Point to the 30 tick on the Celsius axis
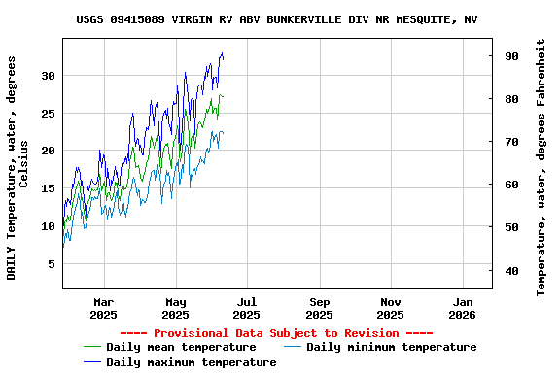click(49, 76)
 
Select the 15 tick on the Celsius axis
click(49, 188)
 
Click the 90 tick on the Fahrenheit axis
click(510, 56)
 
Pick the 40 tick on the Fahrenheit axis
click(510, 270)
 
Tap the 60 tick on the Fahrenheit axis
click(510, 185)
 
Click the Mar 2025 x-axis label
click(103, 308)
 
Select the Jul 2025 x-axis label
click(247, 308)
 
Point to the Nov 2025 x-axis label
click(390, 308)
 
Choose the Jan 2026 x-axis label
click(462, 308)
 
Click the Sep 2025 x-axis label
click(319, 308)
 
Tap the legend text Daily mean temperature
click(181, 347)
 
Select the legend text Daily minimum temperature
click(391, 347)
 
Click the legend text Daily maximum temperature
click(191, 362)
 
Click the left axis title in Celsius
click(18, 167)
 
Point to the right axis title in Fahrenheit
click(542, 167)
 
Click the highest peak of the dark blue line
click(222, 53)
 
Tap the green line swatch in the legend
click(92, 347)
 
